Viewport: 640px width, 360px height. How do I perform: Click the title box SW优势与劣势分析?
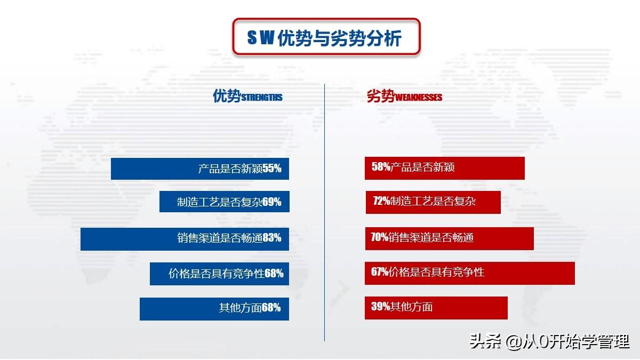click(x=326, y=37)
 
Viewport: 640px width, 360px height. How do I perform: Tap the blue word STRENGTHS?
click(x=262, y=98)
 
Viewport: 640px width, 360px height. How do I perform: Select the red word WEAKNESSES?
click(x=419, y=98)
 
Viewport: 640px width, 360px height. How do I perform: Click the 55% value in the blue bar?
click(x=272, y=169)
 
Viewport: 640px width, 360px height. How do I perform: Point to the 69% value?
click(x=271, y=202)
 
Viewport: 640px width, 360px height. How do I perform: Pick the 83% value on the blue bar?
click(x=271, y=238)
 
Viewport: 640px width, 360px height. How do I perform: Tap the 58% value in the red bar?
click(x=381, y=166)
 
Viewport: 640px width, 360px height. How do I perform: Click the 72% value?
click(x=382, y=201)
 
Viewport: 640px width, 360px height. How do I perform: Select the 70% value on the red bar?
click(x=379, y=237)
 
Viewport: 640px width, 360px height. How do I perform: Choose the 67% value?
click(x=380, y=271)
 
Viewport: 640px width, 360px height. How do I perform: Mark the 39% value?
click(x=381, y=307)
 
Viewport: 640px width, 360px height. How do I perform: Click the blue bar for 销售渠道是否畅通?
click(x=185, y=239)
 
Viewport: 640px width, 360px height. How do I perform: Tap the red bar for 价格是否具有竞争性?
click(x=470, y=273)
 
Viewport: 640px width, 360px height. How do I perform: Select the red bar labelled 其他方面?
click(x=436, y=308)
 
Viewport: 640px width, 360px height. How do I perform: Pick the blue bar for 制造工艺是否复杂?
click(x=225, y=202)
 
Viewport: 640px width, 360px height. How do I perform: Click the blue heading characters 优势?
click(x=227, y=95)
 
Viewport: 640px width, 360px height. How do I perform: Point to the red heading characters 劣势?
click(x=381, y=95)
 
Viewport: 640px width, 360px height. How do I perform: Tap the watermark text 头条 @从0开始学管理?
click(x=549, y=341)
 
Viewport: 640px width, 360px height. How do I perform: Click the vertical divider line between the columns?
click(x=324, y=212)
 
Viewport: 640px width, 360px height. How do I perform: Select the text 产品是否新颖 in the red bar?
click(x=422, y=167)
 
